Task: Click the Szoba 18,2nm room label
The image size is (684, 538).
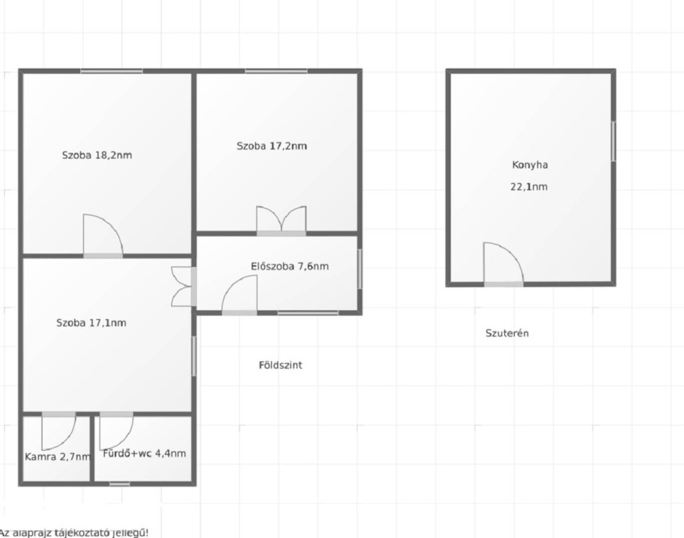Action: (x=97, y=156)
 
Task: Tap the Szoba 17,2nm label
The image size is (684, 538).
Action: (x=272, y=146)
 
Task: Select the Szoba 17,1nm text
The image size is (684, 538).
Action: (x=91, y=323)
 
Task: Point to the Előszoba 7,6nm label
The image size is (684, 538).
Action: (x=290, y=266)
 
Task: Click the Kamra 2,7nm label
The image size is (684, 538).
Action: (x=57, y=457)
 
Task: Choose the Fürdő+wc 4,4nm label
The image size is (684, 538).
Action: (x=144, y=453)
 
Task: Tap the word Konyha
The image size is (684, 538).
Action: (x=530, y=165)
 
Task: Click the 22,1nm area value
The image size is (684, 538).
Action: (x=529, y=187)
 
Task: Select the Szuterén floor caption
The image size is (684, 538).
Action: (x=507, y=333)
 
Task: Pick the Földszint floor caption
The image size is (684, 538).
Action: (x=281, y=365)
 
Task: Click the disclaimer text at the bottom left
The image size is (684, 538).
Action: (x=74, y=533)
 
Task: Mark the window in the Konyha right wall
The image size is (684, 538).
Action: (x=613, y=142)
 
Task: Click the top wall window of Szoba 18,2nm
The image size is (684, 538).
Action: (x=112, y=71)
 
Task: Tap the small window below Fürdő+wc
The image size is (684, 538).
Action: (x=120, y=483)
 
